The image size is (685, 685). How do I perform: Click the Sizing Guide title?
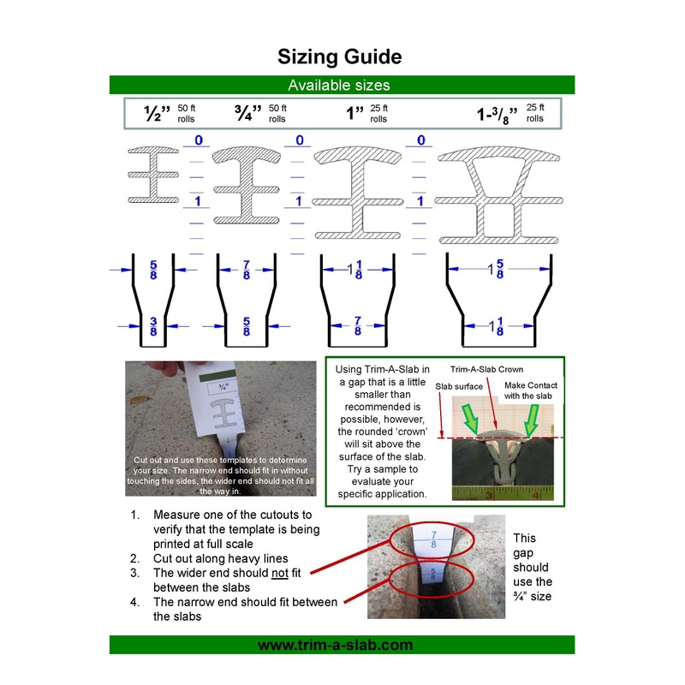339,57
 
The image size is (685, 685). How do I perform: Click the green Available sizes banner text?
339,85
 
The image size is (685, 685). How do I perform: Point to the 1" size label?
354,114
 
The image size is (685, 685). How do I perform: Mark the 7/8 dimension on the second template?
247,270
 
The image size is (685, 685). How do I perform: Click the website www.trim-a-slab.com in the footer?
340,645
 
